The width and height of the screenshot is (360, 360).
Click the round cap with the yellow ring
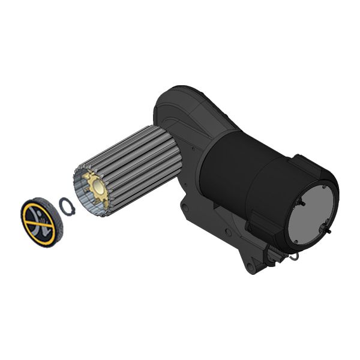41,221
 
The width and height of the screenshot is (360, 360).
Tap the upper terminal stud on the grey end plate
302,203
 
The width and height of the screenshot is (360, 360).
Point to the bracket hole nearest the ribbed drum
185,208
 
